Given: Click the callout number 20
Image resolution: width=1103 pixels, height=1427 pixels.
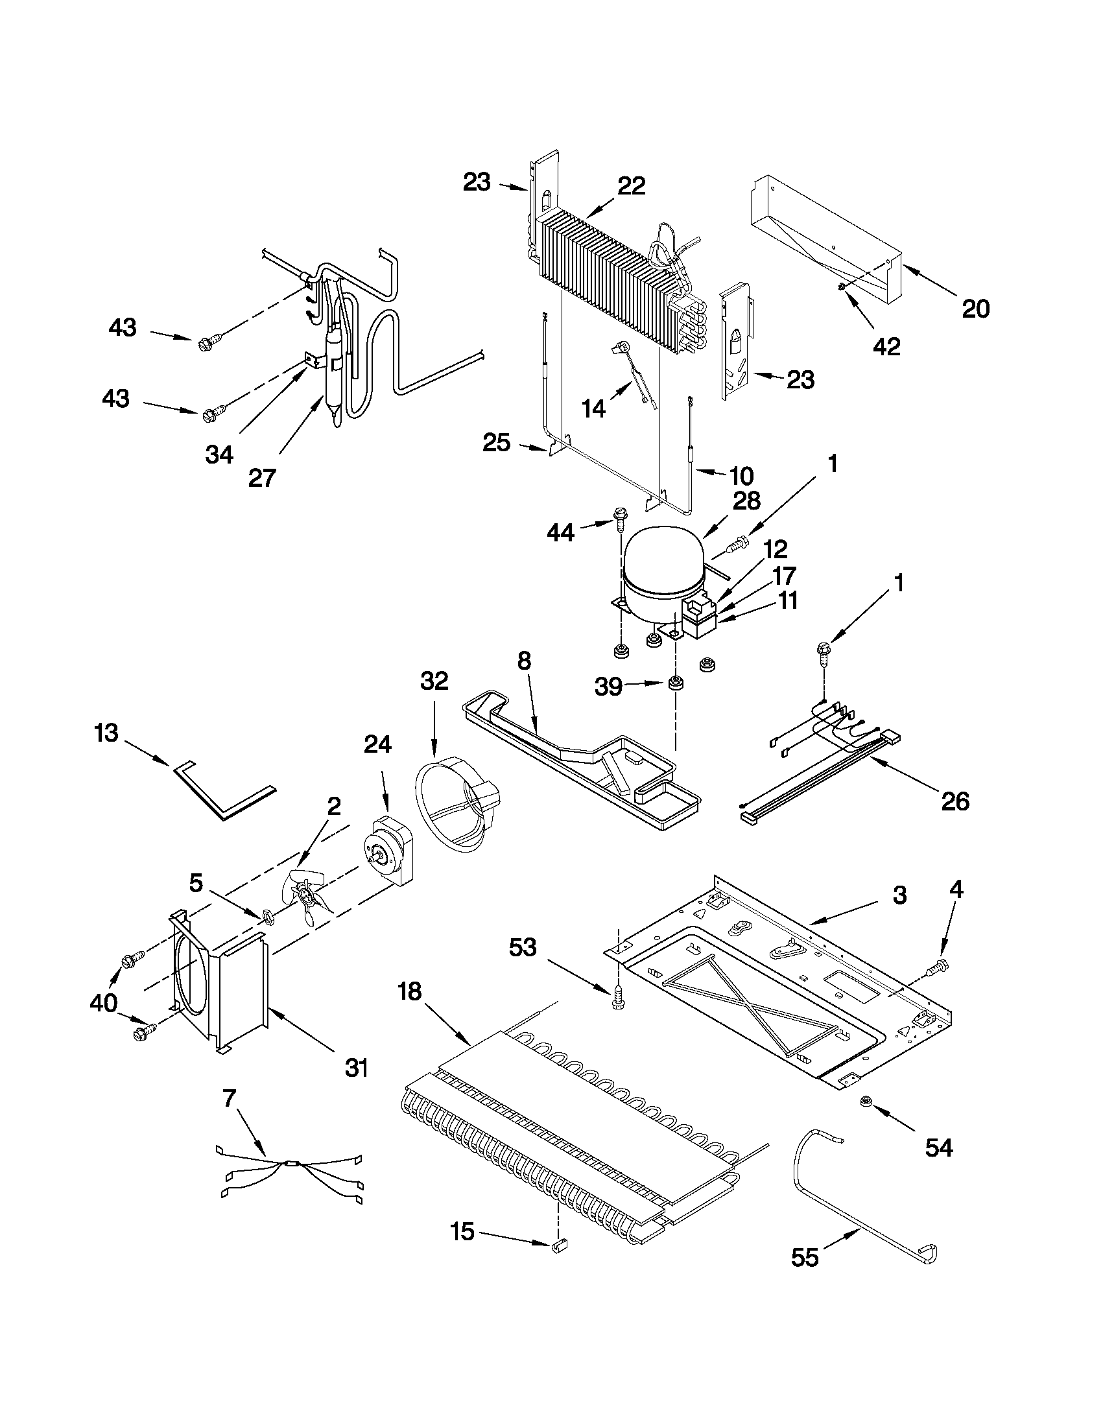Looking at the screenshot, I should tap(975, 308).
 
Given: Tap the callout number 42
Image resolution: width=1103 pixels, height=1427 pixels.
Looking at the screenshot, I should tap(886, 346).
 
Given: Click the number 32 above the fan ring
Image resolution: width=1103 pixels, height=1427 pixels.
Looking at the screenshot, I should tap(434, 681).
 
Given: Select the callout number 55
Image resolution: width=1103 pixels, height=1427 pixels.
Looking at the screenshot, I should tap(805, 1257).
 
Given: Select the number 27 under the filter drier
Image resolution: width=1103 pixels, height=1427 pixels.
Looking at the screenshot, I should tap(262, 478).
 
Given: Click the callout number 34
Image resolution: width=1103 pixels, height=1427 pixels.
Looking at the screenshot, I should tap(219, 454).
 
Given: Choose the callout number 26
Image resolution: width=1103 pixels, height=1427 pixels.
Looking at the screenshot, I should tap(955, 801).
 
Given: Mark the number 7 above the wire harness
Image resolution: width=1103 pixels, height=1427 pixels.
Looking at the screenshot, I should tap(229, 1099).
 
